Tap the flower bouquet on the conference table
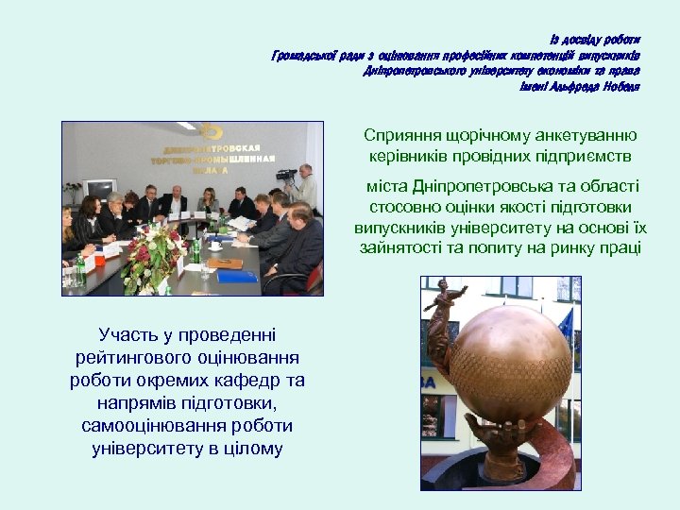pos(155,256)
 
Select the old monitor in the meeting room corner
pos(99,189)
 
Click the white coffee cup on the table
pos(215,245)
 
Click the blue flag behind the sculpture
pos(566,326)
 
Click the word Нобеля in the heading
pos(619,87)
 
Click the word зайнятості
pos(402,248)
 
